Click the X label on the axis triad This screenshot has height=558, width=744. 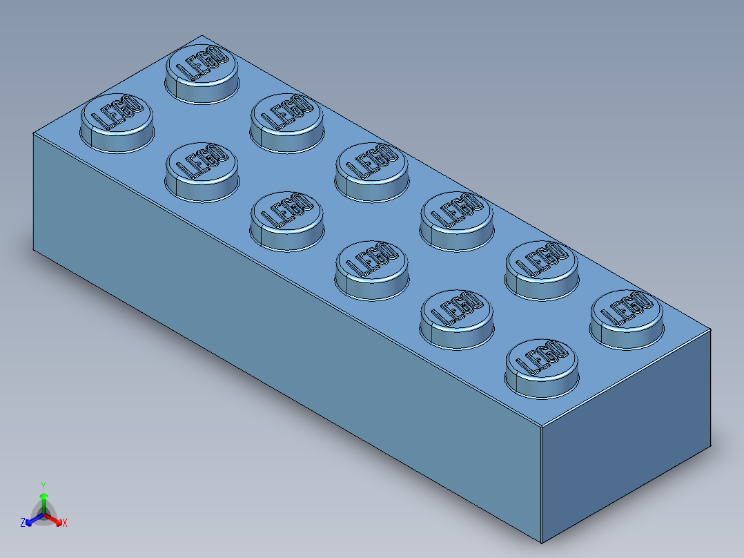65,523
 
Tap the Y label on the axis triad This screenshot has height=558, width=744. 43,485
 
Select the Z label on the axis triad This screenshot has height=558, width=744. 23,523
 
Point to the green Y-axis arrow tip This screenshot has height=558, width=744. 43,496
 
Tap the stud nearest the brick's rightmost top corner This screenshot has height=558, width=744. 627,318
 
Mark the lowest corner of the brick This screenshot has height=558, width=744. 542,543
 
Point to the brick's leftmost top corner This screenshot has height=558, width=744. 34,133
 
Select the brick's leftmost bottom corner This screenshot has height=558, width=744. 34,251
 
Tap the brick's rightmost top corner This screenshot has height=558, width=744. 711,329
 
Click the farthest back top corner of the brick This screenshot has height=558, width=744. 201,36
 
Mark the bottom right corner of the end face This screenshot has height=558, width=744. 711,448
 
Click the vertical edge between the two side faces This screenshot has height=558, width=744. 541,483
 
